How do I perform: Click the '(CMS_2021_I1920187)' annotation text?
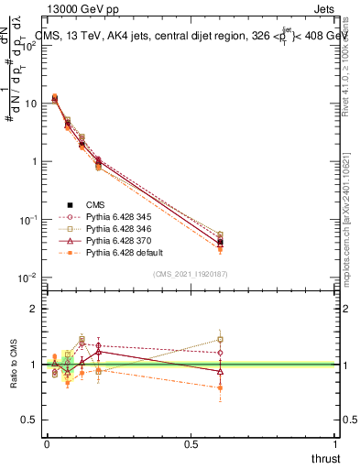[191, 275]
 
